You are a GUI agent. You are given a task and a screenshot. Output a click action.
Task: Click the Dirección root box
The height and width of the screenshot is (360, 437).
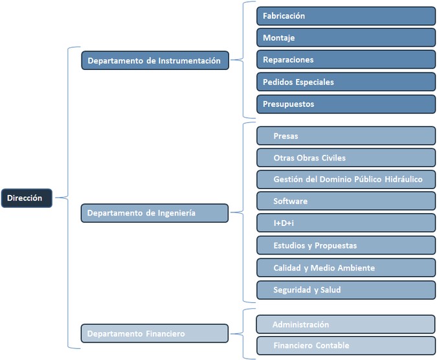coord(27,198)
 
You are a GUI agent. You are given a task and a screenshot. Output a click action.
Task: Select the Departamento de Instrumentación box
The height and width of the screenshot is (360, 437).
coord(155,60)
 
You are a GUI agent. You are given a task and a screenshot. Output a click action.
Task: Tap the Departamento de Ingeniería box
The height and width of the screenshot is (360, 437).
coord(155,213)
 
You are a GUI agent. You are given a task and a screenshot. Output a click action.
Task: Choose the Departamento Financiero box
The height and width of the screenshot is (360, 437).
coord(155,333)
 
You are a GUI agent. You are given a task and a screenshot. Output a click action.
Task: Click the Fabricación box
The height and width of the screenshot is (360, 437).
coord(346,16)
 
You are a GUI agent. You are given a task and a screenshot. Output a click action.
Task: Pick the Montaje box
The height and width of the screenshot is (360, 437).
coord(346,38)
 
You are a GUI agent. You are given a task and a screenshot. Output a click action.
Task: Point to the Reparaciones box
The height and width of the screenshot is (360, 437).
coord(346,60)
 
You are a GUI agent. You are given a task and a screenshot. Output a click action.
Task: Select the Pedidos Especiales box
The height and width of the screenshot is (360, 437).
coord(346,82)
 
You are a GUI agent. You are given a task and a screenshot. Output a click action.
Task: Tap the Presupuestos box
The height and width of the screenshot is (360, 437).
coord(346,104)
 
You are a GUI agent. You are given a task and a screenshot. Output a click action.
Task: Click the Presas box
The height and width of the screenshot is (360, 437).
coord(346,136)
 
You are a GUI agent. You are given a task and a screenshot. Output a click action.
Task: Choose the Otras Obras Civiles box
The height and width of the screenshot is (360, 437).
coord(346,158)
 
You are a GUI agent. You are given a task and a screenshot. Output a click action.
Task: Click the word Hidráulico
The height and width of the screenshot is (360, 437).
coord(403,179)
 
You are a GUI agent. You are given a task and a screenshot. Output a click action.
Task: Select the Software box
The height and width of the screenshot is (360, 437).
coord(346,201)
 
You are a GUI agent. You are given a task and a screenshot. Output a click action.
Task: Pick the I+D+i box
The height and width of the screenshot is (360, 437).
coord(346,223)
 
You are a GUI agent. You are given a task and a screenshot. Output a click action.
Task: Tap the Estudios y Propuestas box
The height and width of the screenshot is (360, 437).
coord(346,245)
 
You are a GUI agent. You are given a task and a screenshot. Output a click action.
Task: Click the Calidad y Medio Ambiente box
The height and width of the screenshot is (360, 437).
coord(346,268)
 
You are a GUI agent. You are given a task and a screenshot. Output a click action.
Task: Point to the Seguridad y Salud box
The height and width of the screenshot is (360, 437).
coord(346,290)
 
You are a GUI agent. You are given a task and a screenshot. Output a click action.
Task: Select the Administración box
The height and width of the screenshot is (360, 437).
coord(346,324)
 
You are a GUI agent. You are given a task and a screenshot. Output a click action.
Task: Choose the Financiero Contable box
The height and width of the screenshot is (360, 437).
coord(346,346)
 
